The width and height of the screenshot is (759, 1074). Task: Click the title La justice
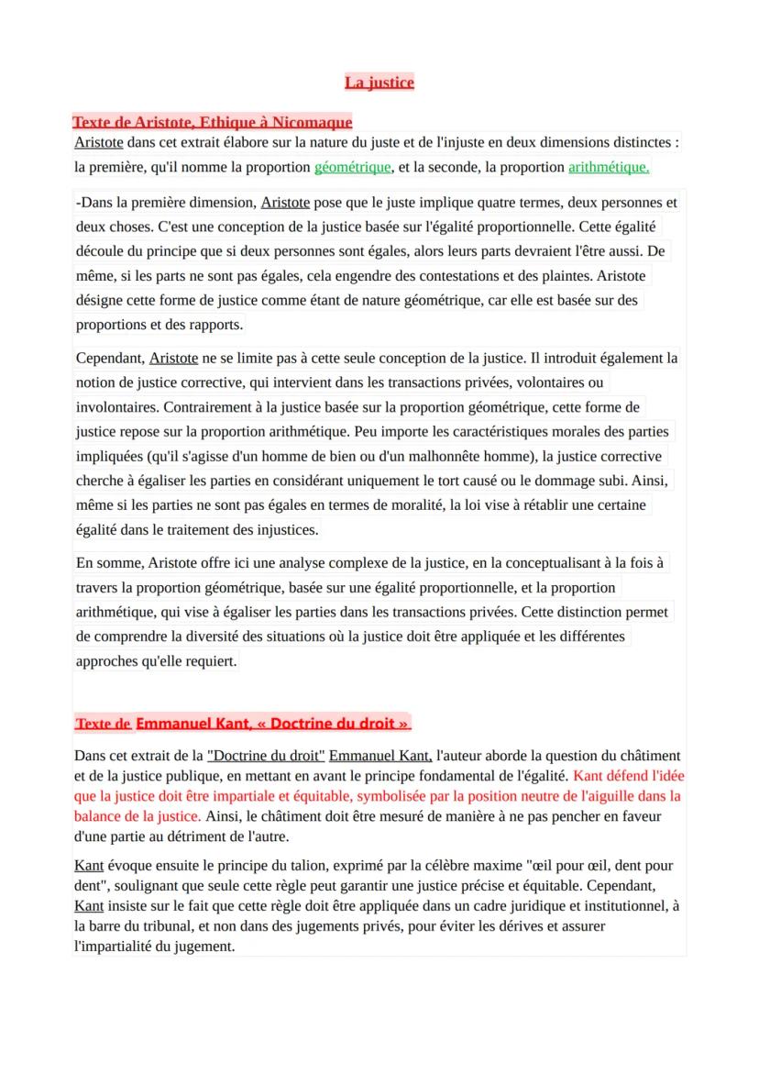(x=379, y=83)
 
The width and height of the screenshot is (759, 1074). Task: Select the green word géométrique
(x=353, y=167)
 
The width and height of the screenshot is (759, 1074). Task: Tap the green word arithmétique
(x=609, y=167)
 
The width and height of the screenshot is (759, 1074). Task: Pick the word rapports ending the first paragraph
(x=214, y=325)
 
